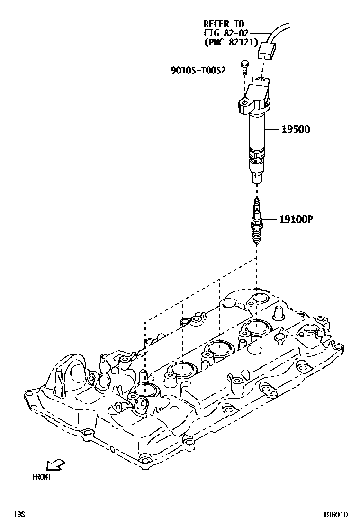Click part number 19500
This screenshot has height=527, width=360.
[296, 129]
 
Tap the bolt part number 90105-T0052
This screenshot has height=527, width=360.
[205, 71]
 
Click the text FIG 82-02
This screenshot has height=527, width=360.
[226, 33]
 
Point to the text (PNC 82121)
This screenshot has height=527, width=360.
[231, 42]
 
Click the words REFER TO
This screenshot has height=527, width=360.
[225, 24]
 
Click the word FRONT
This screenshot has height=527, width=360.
[42, 477]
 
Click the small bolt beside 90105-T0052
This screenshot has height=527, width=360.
[245, 67]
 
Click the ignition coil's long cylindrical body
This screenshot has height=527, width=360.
[256, 133]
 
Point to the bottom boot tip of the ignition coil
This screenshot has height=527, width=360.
[256, 178]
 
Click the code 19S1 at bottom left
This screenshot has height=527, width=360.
[21, 514]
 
